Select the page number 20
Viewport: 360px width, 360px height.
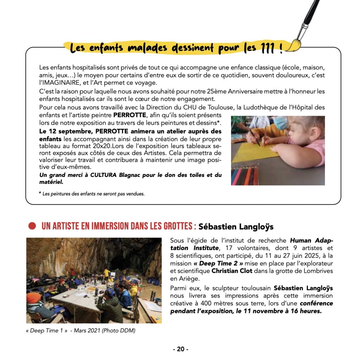(x=180, y=349)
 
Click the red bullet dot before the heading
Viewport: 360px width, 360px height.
(x=32, y=226)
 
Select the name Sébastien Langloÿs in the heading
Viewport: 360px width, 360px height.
(x=236, y=226)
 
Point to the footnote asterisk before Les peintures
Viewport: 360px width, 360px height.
(x=40, y=193)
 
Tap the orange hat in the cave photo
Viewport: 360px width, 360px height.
(x=34, y=298)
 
